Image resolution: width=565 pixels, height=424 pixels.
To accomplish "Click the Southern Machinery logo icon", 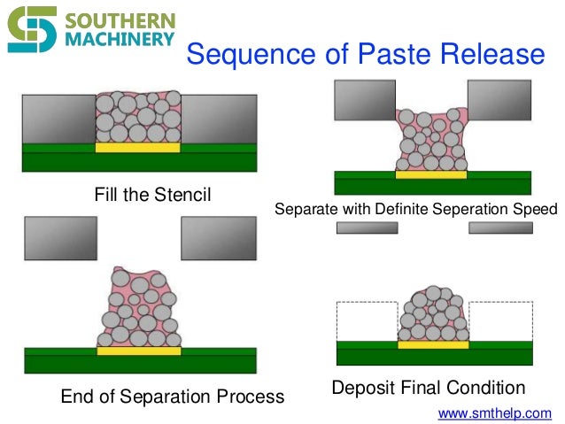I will (31, 28).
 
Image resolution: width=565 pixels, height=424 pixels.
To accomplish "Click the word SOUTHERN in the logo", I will (119, 20).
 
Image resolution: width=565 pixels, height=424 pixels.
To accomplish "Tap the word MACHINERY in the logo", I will (119, 40).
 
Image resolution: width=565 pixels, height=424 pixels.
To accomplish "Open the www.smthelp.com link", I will (495, 413).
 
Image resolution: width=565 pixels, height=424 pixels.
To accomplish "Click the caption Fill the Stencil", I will (152, 195).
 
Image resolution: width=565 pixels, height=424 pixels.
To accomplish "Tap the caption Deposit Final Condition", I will (428, 388).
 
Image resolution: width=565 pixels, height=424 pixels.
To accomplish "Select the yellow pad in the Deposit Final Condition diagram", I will (433, 344).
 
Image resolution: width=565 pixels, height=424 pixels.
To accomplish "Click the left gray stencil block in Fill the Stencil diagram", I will (58, 118).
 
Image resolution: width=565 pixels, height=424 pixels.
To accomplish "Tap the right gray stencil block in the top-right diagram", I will (499, 99).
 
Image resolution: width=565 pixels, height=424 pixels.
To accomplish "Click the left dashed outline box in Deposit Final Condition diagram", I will (367, 320).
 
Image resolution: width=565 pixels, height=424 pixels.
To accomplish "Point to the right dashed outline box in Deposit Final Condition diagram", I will (500, 320).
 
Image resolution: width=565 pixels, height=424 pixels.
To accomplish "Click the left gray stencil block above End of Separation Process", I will (60, 238).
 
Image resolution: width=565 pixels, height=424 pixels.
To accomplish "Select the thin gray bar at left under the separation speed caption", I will (367, 228).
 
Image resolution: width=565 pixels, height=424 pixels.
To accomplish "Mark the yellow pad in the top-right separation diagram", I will (431, 175).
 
